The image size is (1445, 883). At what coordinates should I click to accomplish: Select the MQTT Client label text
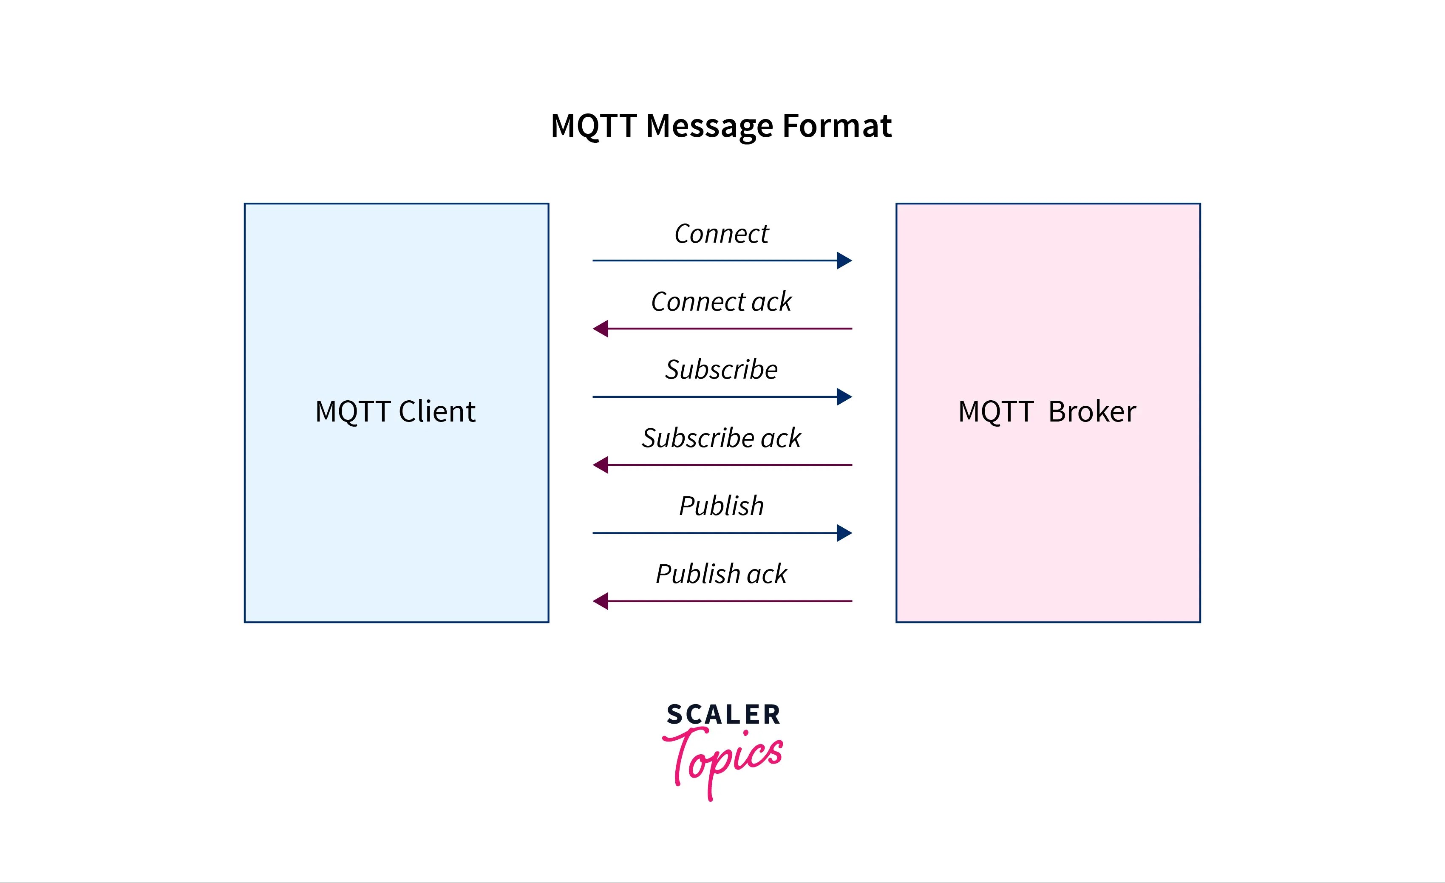tap(395, 412)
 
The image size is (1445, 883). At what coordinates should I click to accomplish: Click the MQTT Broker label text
tap(1047, 412)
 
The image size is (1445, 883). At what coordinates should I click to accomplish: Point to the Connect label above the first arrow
tap(721, 234)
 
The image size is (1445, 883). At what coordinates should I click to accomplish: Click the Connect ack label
tap(721, 302)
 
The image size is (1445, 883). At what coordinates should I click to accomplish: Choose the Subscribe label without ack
tap(721, 370)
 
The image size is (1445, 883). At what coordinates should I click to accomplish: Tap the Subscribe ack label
tap(721, 438)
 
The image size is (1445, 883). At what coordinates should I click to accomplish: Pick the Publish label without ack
tap(721, 506)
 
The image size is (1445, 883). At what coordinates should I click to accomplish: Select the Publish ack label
tap(721, 574)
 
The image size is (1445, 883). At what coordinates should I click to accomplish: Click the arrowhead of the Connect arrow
tap(844, 260)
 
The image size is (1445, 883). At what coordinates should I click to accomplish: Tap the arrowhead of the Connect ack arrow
tap(601, 329)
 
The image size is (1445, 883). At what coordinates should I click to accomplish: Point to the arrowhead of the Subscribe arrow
tap(844, 397)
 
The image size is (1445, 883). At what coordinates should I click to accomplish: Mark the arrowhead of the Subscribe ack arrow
tap(601, 465)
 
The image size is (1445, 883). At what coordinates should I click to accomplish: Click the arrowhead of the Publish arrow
tap(844, 533)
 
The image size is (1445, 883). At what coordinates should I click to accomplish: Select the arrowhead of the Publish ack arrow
tap(601, 601)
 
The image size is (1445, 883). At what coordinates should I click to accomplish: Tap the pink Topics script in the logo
tap(723, 759)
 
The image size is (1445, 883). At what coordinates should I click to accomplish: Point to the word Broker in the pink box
tap(1092, 412)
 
